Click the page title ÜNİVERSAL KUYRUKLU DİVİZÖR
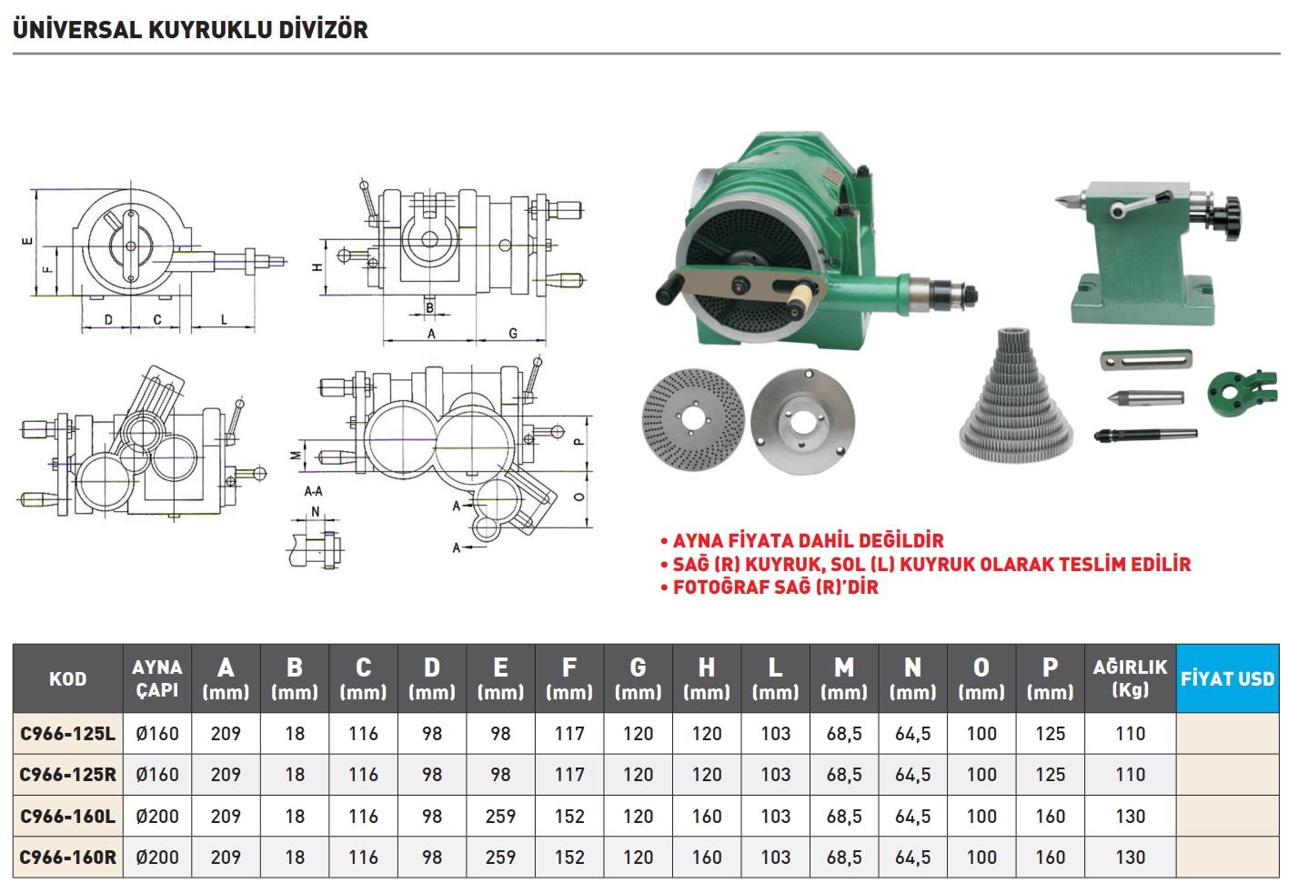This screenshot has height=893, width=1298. pos(190,29)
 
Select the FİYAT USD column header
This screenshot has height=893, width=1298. pos(1227,678)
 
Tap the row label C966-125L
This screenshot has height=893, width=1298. pos(67,733)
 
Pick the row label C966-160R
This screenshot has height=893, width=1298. pos(67,857)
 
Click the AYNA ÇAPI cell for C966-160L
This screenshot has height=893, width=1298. pos(157,816)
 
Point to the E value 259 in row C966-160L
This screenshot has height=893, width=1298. pos(500,816)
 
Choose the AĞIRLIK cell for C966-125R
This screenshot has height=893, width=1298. pos(1130,775)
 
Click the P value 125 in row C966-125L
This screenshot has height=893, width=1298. pos(1050,733)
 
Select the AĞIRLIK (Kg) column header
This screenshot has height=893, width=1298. pos(1130,678)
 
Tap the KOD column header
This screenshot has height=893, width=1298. pos(67,678)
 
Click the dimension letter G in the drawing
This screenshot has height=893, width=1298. pos(513,334)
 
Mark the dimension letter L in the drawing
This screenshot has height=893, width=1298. pos(224,320)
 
